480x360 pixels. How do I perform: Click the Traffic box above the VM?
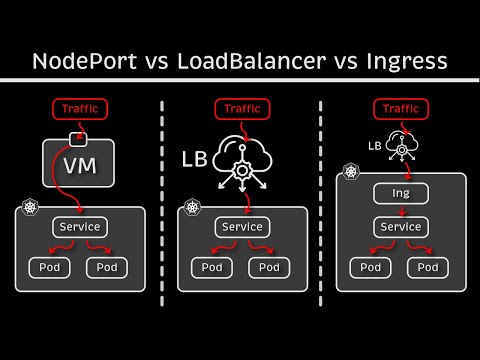point(80,108)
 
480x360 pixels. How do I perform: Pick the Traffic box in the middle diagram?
point(240,108)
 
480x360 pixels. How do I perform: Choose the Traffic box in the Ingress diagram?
point(400,108)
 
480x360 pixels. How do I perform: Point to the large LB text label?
point(197,158)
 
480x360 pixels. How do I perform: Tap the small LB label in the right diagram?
point(375,145)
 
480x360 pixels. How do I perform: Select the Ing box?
point(400,193)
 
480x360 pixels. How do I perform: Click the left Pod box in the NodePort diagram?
point(50,268)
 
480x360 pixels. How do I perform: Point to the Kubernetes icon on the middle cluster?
point(187,211)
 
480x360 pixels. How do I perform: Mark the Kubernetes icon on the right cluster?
point(351,173)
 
